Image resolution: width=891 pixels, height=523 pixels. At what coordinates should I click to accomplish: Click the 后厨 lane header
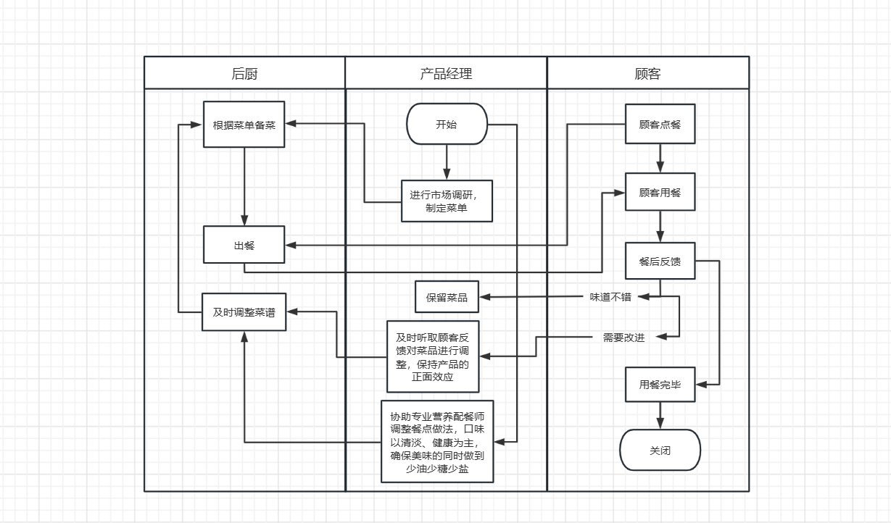(x=244, y=73)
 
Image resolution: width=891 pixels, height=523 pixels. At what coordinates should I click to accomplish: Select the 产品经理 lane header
(x=446, y=73)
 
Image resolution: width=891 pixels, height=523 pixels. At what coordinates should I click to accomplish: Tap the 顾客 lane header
(x=647, y=73)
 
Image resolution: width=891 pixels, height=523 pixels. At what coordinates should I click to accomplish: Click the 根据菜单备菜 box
(x=244, y=125)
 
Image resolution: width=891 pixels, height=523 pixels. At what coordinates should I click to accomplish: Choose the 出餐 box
(x=244, y=245)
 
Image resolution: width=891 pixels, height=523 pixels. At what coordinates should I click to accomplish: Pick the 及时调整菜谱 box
(x=244, y=312)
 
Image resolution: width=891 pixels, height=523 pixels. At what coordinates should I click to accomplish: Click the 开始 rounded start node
(x=447, y=124)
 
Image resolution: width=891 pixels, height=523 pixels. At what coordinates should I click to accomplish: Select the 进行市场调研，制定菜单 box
(x=447, y=201)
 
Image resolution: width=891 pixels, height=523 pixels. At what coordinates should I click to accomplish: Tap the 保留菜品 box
(x=447, y=297)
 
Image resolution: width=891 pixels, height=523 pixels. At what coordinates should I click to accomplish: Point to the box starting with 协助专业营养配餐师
(x=437, y=440)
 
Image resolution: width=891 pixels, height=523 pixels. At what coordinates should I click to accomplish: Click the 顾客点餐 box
(x=660, y=124)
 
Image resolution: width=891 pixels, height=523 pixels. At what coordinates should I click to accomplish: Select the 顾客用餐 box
(x=660, y=192)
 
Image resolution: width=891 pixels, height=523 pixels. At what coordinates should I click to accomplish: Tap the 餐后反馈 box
(x=660, y=261)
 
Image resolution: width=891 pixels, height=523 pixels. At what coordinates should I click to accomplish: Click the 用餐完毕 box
(x=660, y=385)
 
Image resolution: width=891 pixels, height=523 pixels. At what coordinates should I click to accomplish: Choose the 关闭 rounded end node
(x=660, y=450)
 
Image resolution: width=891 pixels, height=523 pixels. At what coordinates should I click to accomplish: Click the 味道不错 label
(x=610, y=296)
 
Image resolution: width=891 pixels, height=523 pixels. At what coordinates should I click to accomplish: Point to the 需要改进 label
(x=623, y=337)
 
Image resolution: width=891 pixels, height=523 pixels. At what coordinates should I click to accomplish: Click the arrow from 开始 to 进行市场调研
(x=447, y=162)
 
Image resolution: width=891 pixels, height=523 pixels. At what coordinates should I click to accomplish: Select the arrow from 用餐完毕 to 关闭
(x=660, y=415)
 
